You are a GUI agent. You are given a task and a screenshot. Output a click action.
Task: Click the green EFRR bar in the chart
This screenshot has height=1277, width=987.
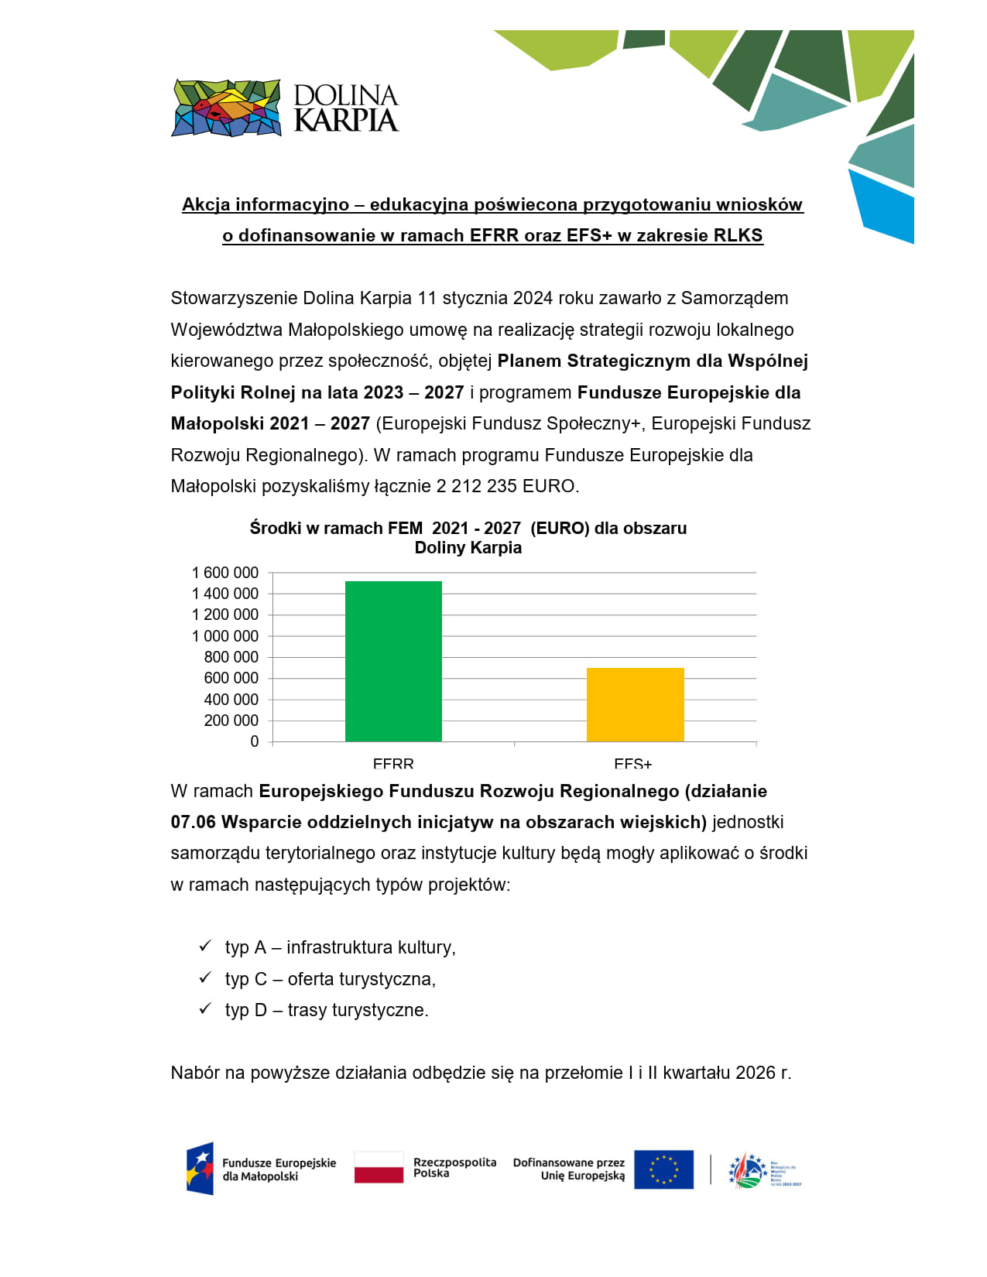[x=393, y=661]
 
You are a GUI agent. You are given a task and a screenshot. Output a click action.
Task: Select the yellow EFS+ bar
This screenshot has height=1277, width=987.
[x=635, y=704]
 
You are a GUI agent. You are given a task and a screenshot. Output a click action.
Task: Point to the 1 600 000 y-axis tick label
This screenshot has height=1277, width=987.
[x=225, y=573]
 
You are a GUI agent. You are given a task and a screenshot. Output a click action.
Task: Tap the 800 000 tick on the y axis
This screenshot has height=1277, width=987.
[x=231, y=657]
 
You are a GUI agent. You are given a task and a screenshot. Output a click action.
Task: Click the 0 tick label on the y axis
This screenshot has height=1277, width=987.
[x=255, y=741]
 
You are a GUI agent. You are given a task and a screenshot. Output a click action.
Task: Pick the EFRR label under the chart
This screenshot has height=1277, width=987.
[x=393, y=764]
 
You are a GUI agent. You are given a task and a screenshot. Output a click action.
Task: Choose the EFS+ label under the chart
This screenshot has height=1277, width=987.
[x=632, y=764]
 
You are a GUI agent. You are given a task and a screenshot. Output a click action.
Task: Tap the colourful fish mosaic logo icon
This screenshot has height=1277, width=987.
[x=226, y=108]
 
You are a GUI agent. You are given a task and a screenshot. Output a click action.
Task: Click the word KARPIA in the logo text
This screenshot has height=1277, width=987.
[x=346, y=121]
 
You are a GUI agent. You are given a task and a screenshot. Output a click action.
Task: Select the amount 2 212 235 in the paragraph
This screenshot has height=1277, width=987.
[x=477, y=486]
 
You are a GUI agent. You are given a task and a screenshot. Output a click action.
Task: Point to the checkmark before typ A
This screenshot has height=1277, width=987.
[x=205, y=946]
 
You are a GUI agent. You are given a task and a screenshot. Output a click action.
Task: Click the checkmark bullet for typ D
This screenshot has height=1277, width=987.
[x=205, y=1008]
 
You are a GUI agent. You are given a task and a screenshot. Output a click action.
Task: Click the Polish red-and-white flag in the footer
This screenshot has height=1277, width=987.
[x=379, y=1167]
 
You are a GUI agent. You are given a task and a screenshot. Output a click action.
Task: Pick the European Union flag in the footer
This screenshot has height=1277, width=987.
[x=663, y=1169]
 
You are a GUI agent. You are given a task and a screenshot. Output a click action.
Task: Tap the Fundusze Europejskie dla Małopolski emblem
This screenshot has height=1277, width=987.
[x=200, y=1169]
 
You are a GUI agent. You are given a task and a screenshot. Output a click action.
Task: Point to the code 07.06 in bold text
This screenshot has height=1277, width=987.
[x=194, y=822]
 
